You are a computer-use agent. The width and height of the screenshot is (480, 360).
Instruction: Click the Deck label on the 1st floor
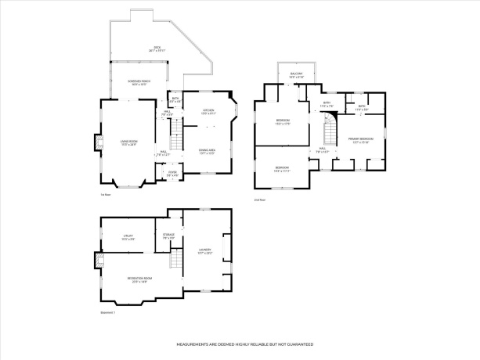coord(157,48)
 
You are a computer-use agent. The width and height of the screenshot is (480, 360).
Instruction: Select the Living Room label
coord(128,143)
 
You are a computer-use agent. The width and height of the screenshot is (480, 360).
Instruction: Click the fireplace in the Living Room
coord(99,142)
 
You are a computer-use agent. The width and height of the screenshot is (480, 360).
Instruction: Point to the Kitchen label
coord(208,112)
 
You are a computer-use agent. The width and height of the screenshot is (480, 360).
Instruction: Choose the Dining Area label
coord(208,151)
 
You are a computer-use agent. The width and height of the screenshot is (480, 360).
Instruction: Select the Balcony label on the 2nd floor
coord(296,75)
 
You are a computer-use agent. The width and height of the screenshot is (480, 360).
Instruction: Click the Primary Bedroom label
coord(362,140)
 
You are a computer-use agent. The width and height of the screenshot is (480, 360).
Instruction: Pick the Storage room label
coord(168,236)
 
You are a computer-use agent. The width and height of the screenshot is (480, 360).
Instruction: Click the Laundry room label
coord(205,251)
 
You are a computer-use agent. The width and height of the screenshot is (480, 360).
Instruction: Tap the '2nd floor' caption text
coord(260,200)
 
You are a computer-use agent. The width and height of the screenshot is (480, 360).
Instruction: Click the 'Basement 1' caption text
coord(107,312)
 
